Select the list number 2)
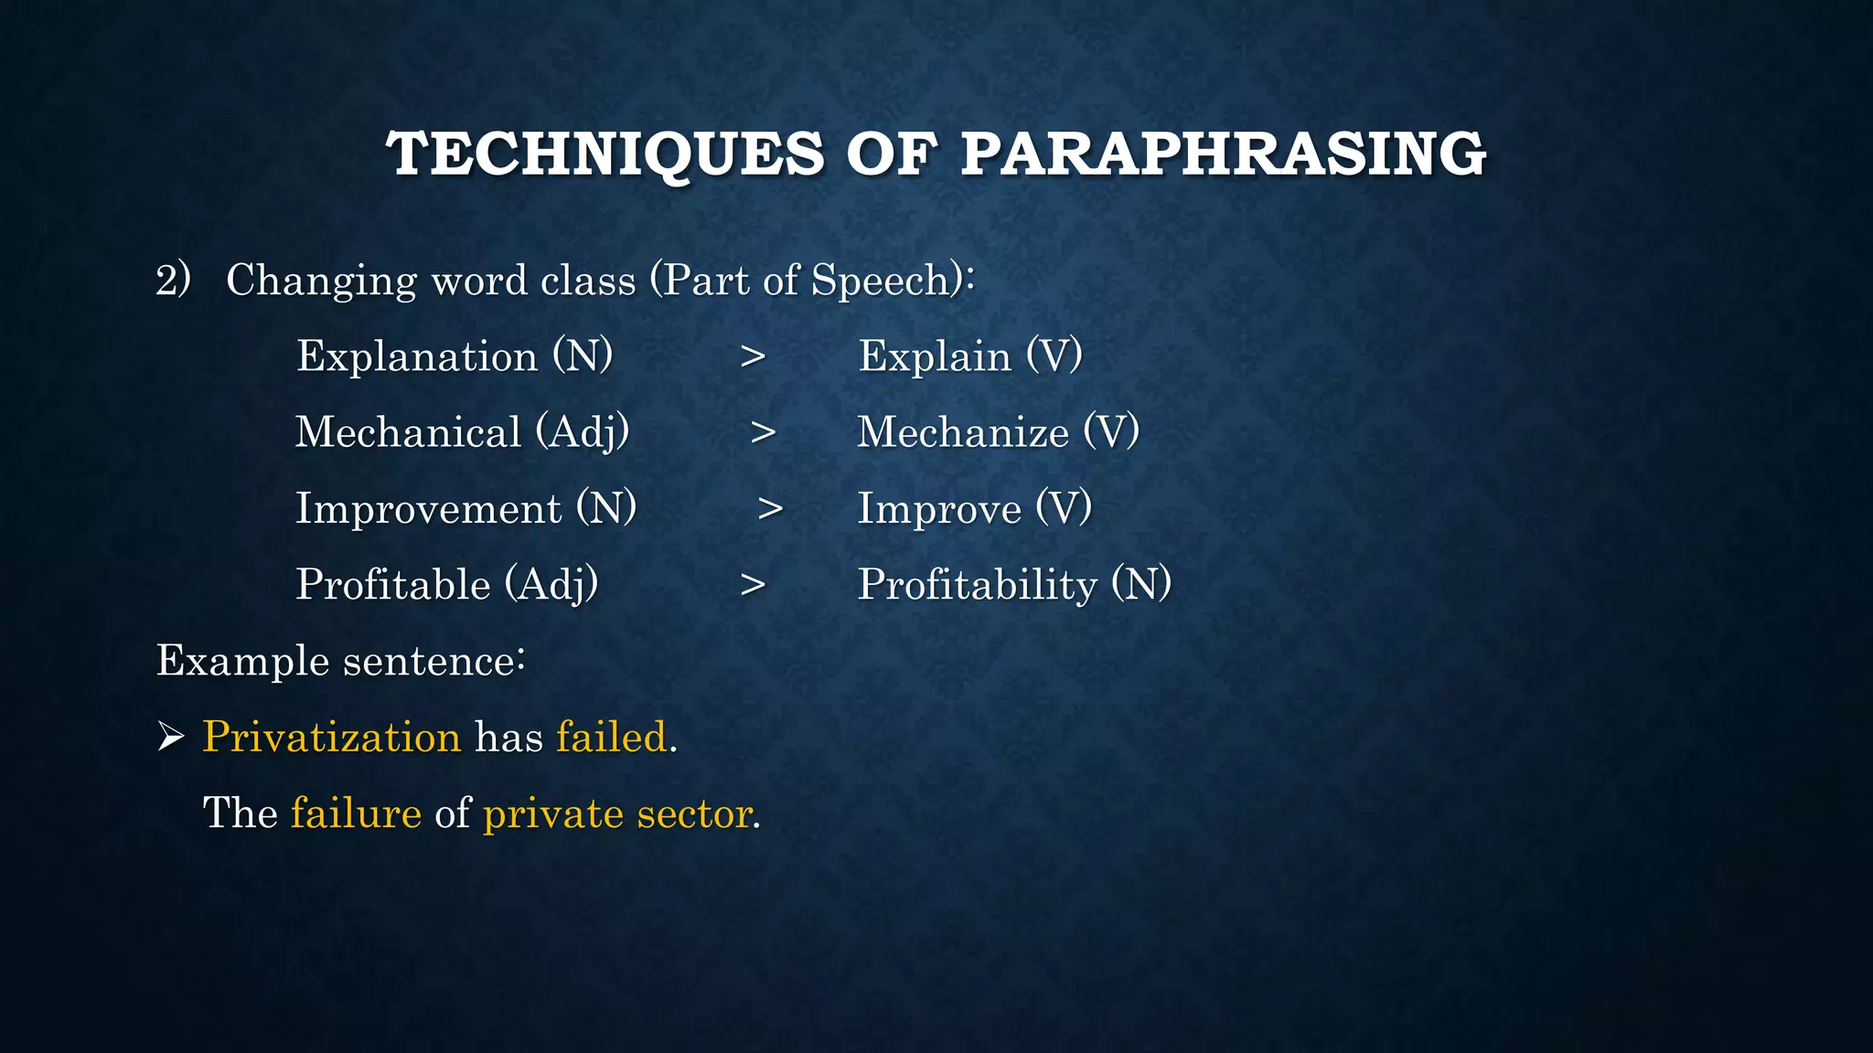pyautogui.click(x=173, y=279)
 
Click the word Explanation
pyautogui.click(x=417, y=356)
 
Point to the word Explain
pyautogui.click(x=935, y=356)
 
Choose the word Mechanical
pyautogui.click(x=408, y=432)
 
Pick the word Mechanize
pyautogui.click(x=963, y=432)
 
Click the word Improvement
pyautogui.click(x=428, y=509)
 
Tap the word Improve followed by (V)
pyautogui.click(x=939, y=509)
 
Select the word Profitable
pyautogui.click(x=393, y=585)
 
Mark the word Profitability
pyautogui.click(x=977, y=585)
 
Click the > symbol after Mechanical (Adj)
pyautogui.click(x=763, y=433)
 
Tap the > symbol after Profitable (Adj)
pyautogui.click(x=753, y=585)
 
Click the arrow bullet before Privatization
pyautogui.click(x=171, y=736)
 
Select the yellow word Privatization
pyautogui.click(x=332, y=738)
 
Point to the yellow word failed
pyautogui.click(x=612, y=737)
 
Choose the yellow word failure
pyautogui.click(x=356, y=814)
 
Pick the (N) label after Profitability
pyautogui.click(x=1141, y=584)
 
